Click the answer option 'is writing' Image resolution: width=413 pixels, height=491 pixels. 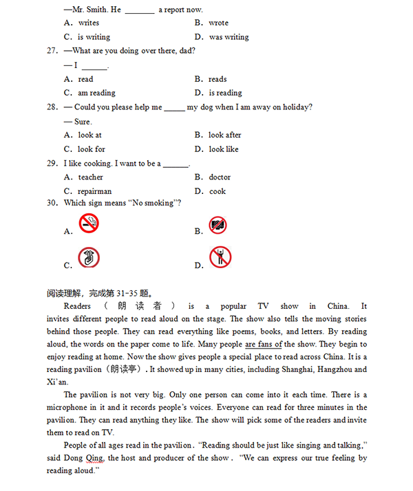click(x=94, y=37)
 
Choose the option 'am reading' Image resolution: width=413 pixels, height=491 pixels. click(x=96, y=93)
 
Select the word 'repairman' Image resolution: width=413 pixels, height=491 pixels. click(x=94, y=191)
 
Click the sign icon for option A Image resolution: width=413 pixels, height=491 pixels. click(x=89, y=223)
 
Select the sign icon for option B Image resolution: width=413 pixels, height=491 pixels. click(x=218, y=225)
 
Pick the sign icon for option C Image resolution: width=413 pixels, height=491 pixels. click(x=89, y=259)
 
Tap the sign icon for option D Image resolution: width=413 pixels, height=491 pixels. click(x=220, y=257)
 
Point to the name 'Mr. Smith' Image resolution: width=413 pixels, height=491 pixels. click(x=89, y=10)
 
